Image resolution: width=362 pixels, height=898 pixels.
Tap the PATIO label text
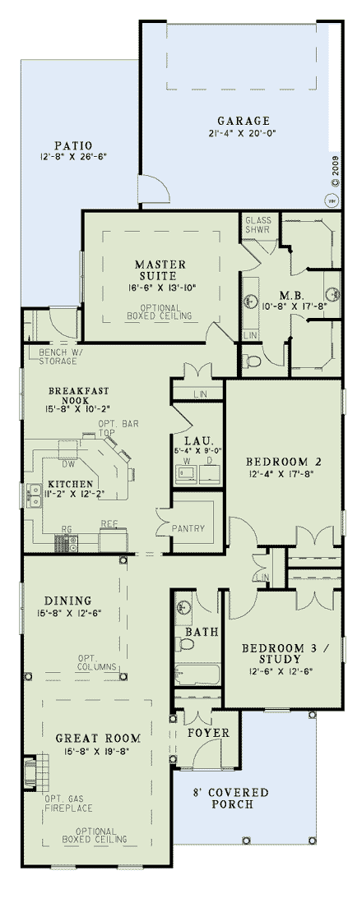[77, 145]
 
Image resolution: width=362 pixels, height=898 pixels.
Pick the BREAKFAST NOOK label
[79, 396]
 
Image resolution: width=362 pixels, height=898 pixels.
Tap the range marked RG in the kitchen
[65, 542]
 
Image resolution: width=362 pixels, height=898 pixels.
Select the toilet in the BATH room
[186, 644]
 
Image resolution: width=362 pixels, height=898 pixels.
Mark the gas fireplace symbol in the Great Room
[32, 774]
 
